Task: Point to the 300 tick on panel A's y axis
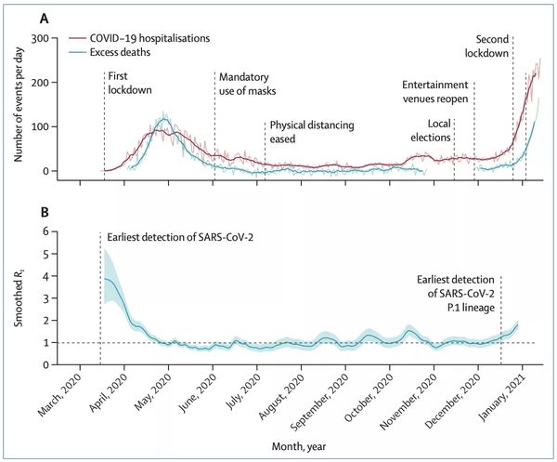pyautogui.click(x=38, y=39)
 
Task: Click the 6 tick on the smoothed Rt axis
pyautogui.click(x=43, y=231)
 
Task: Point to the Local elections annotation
pyautogui.click(x=440, y=130)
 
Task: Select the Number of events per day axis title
pyautogui.click(x=16, y=104)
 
